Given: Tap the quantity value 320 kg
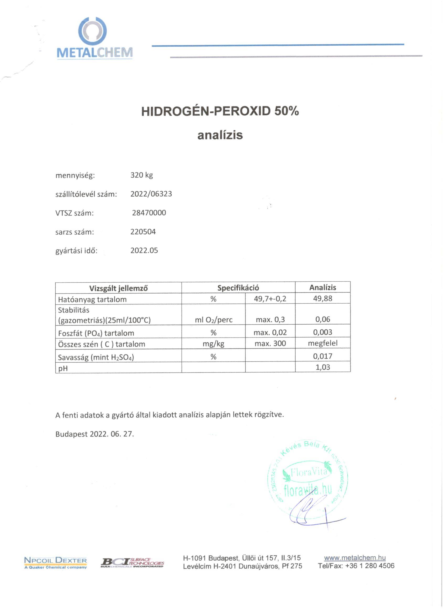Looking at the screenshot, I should coord(141,175).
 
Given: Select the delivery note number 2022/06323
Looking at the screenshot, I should coord(151,194).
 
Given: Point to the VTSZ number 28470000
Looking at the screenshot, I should coord(149,213).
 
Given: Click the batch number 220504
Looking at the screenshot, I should coord(143,232).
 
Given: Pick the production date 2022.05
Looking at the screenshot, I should coord(144,250).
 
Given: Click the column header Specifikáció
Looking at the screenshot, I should coord(238,288).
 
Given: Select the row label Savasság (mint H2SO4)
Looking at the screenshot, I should coord(96,357).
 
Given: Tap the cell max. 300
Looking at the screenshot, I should coord(270,343).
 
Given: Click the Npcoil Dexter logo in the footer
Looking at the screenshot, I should coord(55,562).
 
